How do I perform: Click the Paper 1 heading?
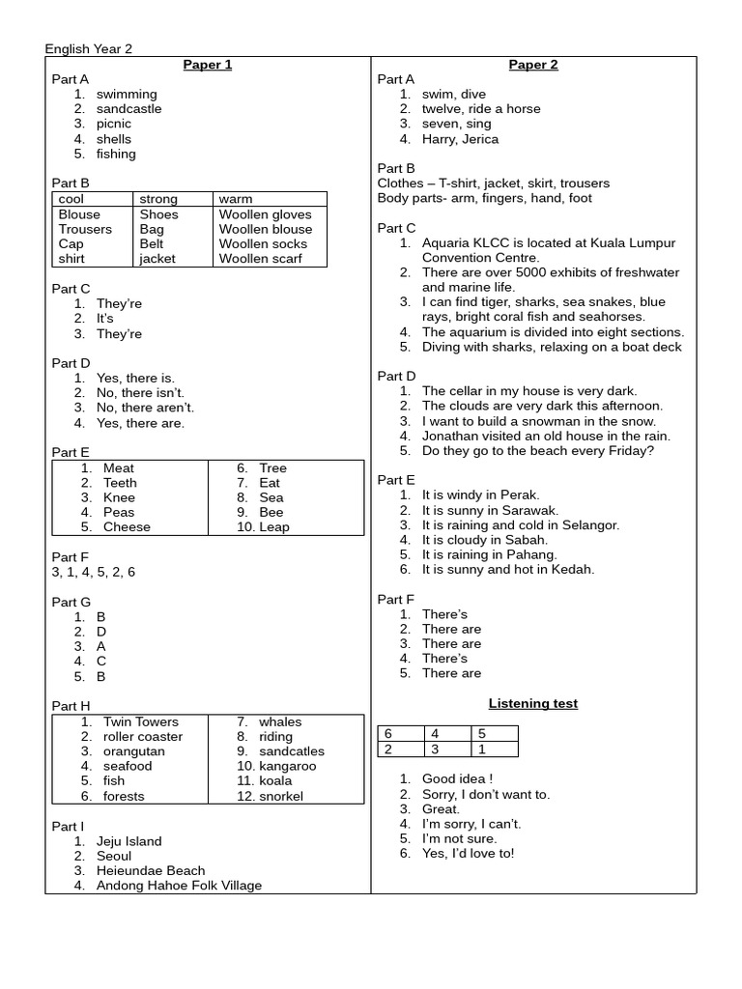click(208, 65)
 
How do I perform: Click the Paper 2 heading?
click(533, 65)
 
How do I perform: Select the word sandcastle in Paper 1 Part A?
click(128, 109)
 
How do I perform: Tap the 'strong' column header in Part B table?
click(158, 199)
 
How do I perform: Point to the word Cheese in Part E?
click(127, 527)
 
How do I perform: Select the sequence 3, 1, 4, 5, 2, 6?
click(94, 572)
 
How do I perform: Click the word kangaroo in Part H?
click(287, 766)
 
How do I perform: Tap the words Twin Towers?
click(140, 721)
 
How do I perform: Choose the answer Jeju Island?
click(128, 841)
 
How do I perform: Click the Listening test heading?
click(532, 703)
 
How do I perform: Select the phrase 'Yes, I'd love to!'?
click(468, 853)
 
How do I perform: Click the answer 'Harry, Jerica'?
click(460, 139)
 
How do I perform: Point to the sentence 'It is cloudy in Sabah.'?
click(484, 540)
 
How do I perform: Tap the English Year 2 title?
click(89, 49)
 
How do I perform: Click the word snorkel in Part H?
click(280, 796)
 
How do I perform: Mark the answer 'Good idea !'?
click(458, 778)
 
